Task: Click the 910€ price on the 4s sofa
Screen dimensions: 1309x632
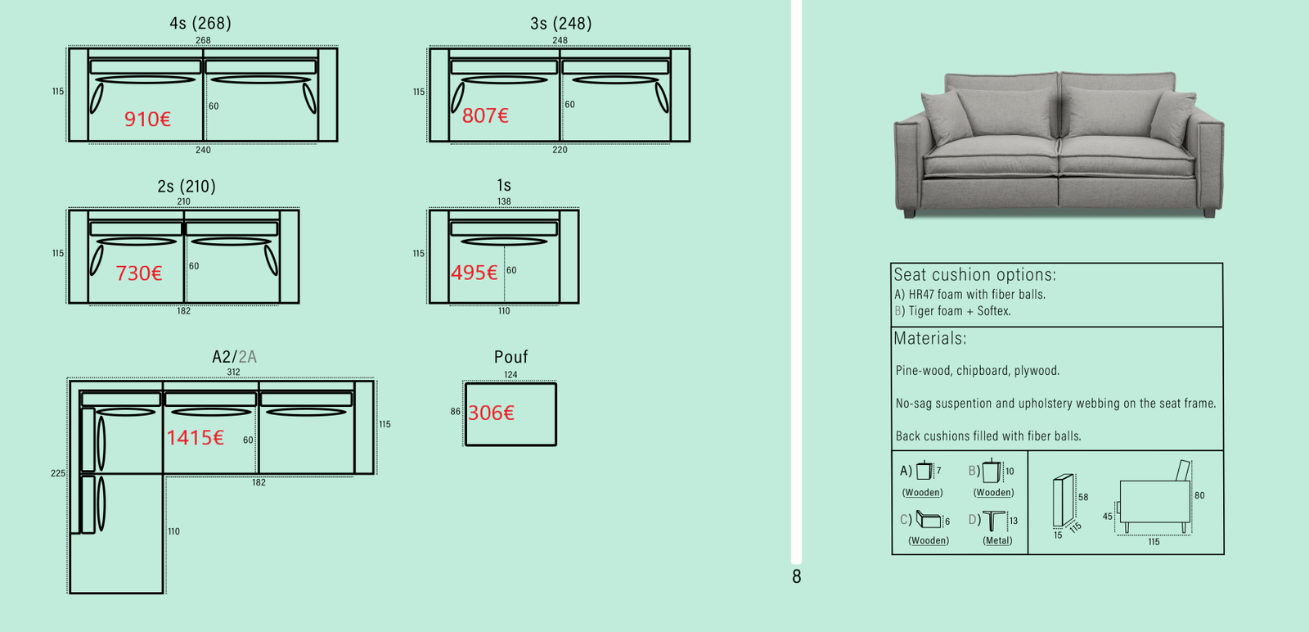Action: pyautogui.click(x=147, y=120)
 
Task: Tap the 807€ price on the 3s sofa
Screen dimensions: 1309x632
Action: pyautogui.click(x=485, y=115)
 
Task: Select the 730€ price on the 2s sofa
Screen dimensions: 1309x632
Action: pyautogui.click(x=138, y=273)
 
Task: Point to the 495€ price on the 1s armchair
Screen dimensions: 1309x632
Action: pyautogui.click(x=474, y=273)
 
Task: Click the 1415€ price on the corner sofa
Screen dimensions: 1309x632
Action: pyautogui.click(x=196, y=437)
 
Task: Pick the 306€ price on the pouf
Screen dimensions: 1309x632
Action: pyautogui.click(x=491, y=413)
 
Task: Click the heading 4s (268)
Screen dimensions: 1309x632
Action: pyautogui.click(x=200, y=23)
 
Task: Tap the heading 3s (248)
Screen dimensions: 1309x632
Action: pyautogui.click(x=561, y=23)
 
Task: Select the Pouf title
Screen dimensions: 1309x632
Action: pyautogui.click(x=511, y=357)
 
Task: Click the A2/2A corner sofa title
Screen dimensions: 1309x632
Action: pyautogui.click(x=234, y=357)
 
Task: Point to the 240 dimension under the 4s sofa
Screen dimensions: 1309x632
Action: pyautogui.click(x=203, y=151)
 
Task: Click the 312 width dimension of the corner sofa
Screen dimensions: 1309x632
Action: pyautogui.click(x=233, y=372)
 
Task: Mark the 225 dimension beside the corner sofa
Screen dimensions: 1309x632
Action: pyautogui.click(x=58, y=473)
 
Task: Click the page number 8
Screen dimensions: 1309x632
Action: pyautogui.click(x=797, y=576)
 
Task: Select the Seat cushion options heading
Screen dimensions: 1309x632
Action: pyautogui.click(x=974, y=274)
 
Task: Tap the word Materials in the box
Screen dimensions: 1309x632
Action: pyautogui.click(x=929, y=338)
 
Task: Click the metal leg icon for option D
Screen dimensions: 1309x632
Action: pyautogui.click(x=993, y=521)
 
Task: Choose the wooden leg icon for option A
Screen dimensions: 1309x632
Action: pyautogui.click(x=924, y=470)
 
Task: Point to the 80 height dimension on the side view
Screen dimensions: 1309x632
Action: pyautogui.click(x=1199, y=495)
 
